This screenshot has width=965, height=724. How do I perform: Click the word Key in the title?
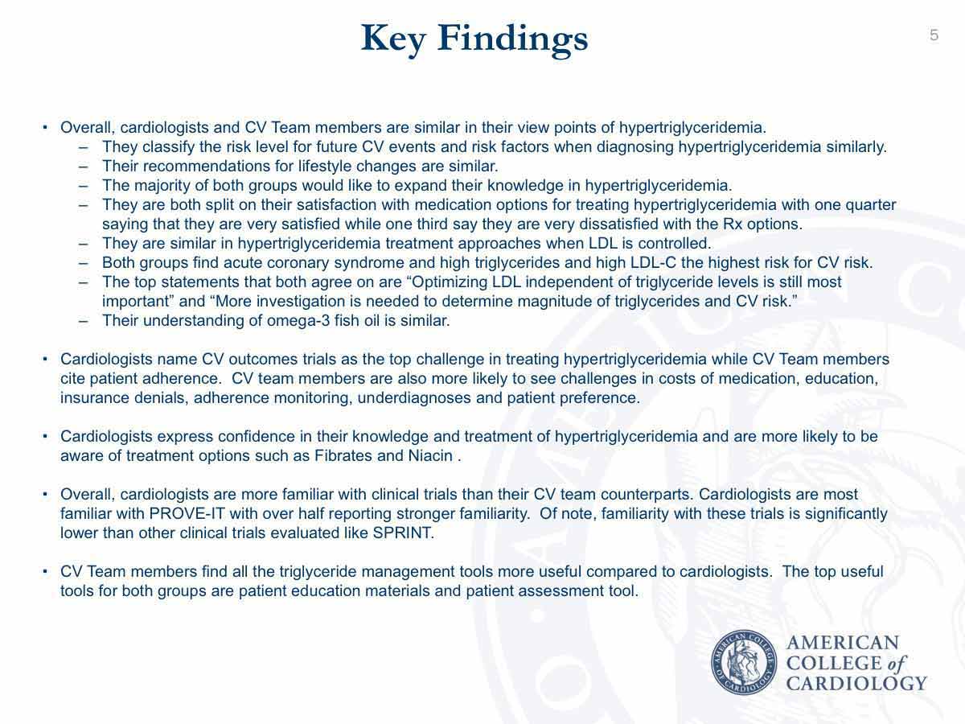pos(393,38)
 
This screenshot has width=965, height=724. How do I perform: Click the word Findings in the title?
pos(512,38)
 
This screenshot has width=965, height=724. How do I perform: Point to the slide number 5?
pos(934,35)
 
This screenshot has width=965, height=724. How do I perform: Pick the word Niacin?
pos(430,455)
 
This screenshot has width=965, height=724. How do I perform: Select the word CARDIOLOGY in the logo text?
pos(856,683)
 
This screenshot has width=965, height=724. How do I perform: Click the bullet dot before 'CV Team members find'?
pos(46,571)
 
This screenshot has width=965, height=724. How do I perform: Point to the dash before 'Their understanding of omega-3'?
pos(84,320)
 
